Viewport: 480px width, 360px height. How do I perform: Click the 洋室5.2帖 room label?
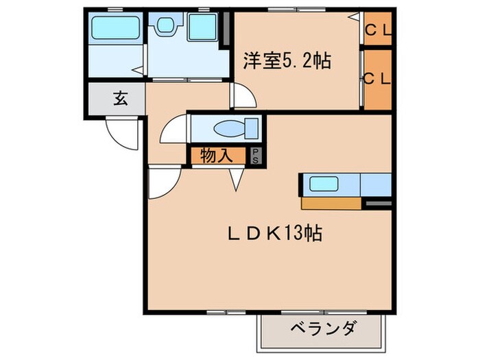(287, 61)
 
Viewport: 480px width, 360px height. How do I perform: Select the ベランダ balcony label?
(322, 328)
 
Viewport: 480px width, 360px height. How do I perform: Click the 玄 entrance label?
(120, 98)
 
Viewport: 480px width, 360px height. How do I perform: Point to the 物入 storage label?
(215, 156)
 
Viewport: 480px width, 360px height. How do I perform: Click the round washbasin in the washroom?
(165, 27)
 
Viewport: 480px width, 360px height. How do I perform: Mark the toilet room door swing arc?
(173, 129)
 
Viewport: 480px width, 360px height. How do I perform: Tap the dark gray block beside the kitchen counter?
(378, 203)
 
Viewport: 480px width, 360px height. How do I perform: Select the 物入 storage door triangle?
(237, 180)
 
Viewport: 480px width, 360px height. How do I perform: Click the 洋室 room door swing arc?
(242, 96)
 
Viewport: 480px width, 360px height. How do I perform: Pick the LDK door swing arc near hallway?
(163, 182)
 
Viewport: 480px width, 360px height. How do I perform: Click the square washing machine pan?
(202, 27)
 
